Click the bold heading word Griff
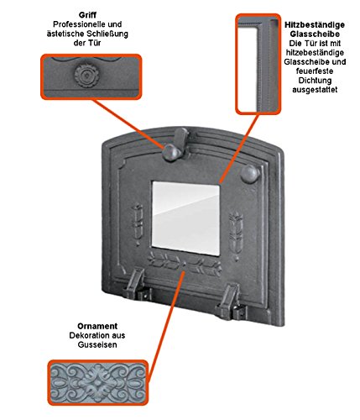click(x=87, y=15)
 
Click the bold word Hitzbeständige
click(x=315, y=24)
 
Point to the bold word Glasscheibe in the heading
click(x=315, y=34)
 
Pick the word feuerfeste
click(x=315, y=71)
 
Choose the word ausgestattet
click(x=315, y=90)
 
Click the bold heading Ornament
click(x=97, y=326)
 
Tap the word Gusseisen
click(x=97, y=344)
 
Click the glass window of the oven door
click(x=185, y=218)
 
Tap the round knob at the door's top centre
click(x=171, y=152)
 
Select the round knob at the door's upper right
click(x=250, y=174)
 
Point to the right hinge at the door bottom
click(x=231, y=302)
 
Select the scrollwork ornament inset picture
click(x=97, y=383)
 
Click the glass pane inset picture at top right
click(x=258, y=64)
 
